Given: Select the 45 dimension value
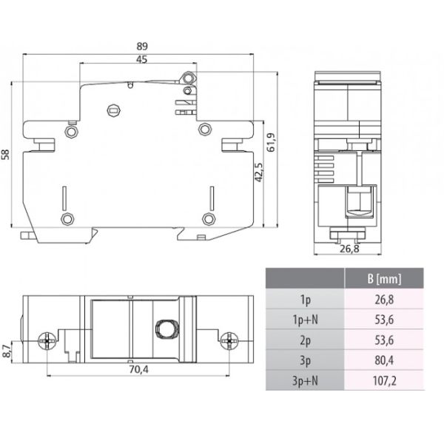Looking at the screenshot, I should [x=139, y=59].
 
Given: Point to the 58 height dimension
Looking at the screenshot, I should [x=9, y=153].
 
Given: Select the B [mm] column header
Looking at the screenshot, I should [x=384, y=280].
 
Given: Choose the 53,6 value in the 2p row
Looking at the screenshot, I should [x=384, y=340].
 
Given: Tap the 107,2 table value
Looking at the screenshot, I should [x=384, y=381].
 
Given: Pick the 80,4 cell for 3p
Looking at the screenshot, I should [x=384, y=360].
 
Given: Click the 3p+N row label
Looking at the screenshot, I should [x=305, y=381].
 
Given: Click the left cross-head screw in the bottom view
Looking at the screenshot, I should [x=47, y=340].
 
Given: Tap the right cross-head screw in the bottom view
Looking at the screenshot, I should [x=229, y=340].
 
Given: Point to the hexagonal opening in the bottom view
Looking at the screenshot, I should [x=164, y=329].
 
